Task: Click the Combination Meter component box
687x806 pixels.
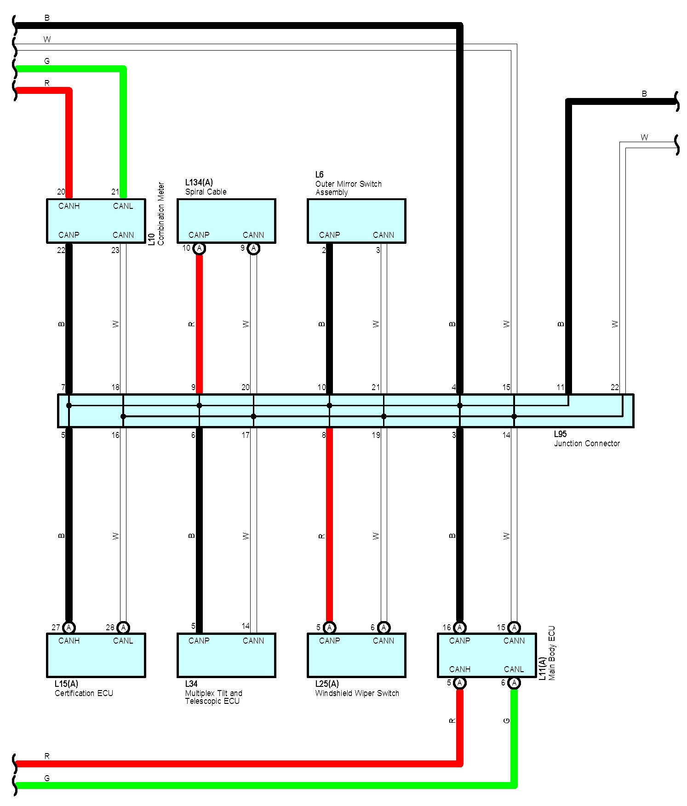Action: (96, 221)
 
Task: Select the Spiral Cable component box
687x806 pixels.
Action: (226, 221)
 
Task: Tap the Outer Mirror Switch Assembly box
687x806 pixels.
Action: (356, 221)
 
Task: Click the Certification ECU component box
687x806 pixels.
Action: (96, 655)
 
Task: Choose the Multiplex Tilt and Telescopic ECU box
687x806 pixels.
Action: (226, 655)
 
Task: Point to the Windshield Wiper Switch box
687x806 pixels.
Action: (356, 655)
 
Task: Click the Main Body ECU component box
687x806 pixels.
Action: (487, 655)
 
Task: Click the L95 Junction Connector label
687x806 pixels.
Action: (586, 439)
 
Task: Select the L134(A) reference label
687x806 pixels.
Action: (199, 183)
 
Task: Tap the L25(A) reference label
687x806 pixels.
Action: (327, 684)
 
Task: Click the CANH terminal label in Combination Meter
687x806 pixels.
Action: (69, 206)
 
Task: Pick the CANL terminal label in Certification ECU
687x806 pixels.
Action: (123, 641)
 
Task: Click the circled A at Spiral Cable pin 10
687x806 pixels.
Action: (199, 248)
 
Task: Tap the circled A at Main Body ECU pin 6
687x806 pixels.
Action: (514, 683)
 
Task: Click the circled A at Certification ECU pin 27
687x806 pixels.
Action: (69, 628)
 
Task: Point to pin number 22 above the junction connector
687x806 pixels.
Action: (614, 387)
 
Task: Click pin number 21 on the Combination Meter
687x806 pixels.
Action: (115, 192)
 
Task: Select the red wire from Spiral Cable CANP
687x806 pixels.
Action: (199, 322)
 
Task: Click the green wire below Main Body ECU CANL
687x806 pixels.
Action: (514, 736)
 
